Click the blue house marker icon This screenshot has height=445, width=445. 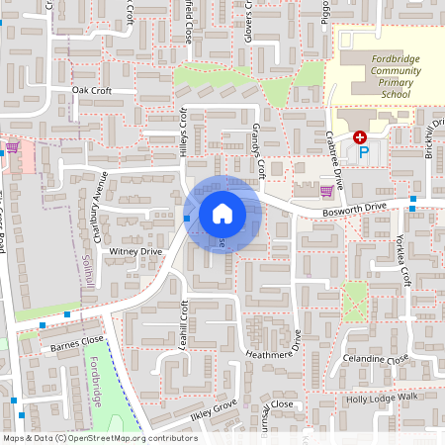pos(222,213)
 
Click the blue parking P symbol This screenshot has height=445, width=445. pos(363,152)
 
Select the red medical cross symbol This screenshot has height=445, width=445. pos(360,137)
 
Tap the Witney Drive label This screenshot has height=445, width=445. pos(135,252)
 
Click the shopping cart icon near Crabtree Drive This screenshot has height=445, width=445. pos(326,190)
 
